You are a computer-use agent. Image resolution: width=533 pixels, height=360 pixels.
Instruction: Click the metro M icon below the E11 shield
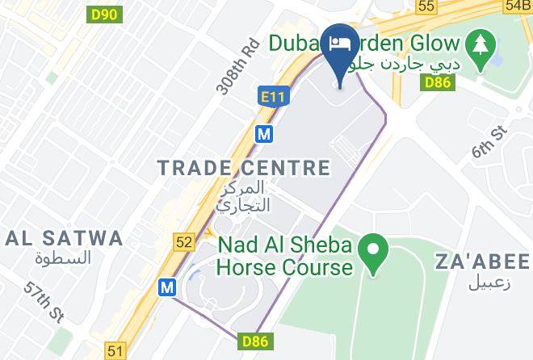263,134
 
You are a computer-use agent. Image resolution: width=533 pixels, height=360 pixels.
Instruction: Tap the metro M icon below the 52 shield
167,287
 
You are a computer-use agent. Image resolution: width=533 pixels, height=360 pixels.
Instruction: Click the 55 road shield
427,6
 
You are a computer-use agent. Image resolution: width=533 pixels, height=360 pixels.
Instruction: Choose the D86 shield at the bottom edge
254,343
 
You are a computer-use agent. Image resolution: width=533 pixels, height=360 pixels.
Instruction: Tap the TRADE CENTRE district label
244,168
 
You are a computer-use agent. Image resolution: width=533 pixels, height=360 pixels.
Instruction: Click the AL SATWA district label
65,238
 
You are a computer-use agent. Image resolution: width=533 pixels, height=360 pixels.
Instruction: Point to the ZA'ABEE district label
482,262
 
